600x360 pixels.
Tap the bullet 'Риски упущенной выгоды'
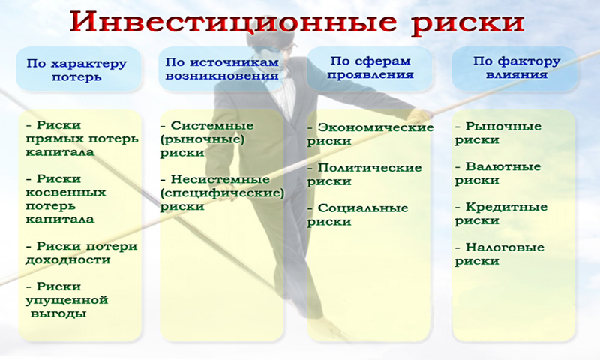(x=67, y=300)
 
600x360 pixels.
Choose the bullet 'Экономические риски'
(x=370, y=133)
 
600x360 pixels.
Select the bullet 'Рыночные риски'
(x=498, y=133)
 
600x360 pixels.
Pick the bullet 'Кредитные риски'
(x=501, y=214)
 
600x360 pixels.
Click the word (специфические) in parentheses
(x=222, y=193)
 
